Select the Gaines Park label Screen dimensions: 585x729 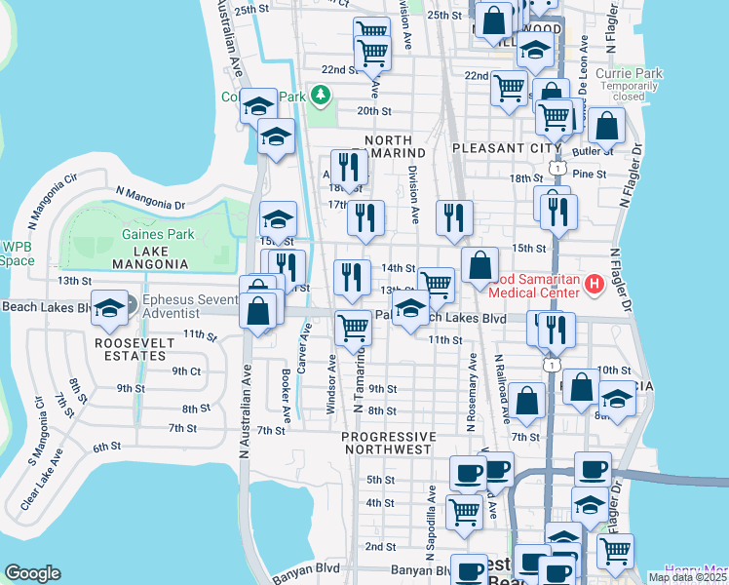[158, 234]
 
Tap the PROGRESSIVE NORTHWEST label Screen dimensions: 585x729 [388, 443]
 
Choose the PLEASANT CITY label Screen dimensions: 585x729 [507, 148]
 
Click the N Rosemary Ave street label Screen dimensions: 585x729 [471, 390]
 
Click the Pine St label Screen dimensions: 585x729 [590, 174]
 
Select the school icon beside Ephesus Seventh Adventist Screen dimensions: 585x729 [109, 306]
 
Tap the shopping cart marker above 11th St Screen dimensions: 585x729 [352, 328]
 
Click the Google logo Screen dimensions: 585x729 [32, 573]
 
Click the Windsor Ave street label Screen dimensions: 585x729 [331, 383]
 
